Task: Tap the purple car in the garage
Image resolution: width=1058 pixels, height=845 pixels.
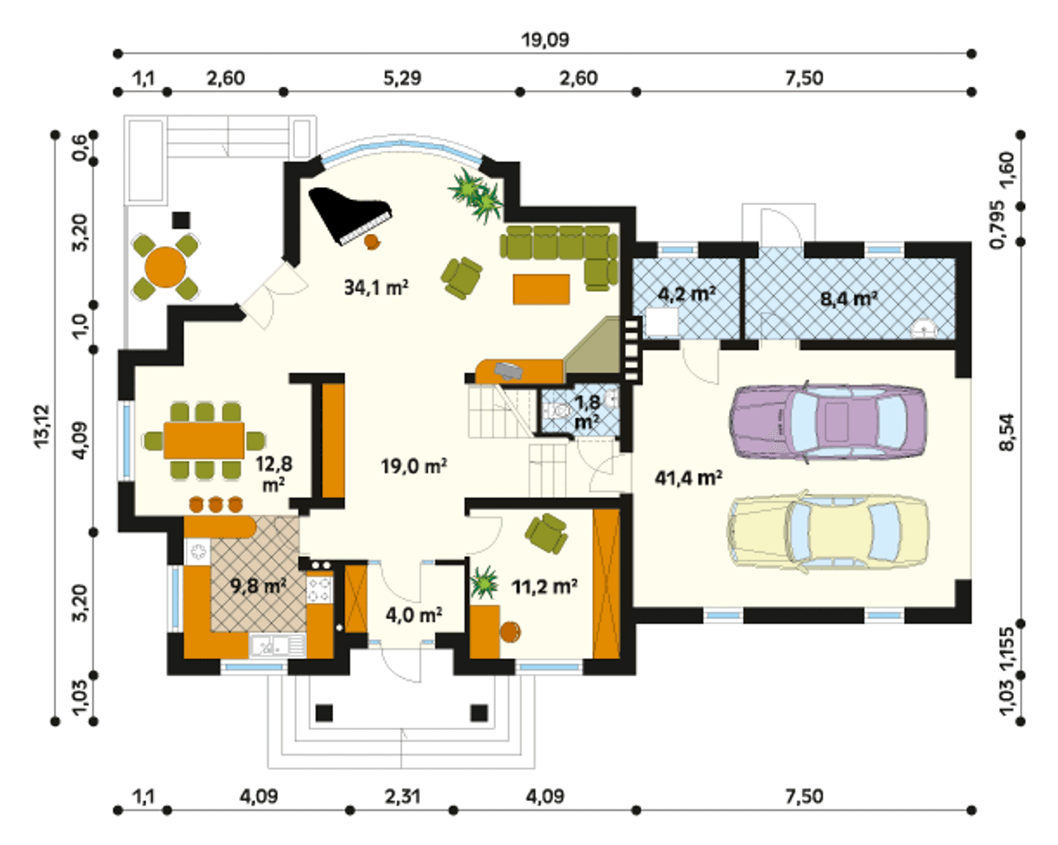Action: coord(828,422)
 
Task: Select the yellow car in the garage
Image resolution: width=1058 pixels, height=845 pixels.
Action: coord(828,532)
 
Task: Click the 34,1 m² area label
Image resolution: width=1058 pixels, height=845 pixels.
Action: coord(376,287)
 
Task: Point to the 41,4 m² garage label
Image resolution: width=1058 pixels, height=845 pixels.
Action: coord(689,478)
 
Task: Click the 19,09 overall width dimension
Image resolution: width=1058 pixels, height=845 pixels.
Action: coord(546,40)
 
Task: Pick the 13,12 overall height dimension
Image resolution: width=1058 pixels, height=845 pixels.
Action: coord(42,425)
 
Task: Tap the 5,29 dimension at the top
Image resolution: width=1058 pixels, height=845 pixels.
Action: coord(403,79)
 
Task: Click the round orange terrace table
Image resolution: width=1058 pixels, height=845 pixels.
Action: coord(165,268)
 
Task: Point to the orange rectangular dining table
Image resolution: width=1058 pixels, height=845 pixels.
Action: coord(204,440)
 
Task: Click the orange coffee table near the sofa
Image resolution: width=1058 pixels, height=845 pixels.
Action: coord(541,289)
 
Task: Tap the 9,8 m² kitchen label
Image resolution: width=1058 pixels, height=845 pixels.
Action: coord(258,585)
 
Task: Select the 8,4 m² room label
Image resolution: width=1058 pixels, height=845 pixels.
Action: coord(849,298)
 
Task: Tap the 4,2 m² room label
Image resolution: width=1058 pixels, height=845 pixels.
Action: coord(686,294)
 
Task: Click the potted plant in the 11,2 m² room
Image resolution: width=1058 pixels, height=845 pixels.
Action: coord(484,582)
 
